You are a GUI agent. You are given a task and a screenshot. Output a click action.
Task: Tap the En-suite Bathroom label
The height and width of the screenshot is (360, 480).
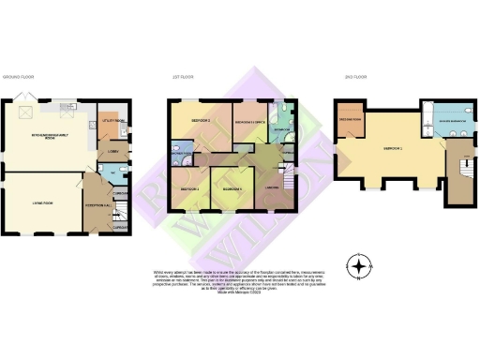click(x=439, y=122)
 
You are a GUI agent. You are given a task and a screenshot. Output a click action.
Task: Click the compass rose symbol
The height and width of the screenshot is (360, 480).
click(x=358, y=266)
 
